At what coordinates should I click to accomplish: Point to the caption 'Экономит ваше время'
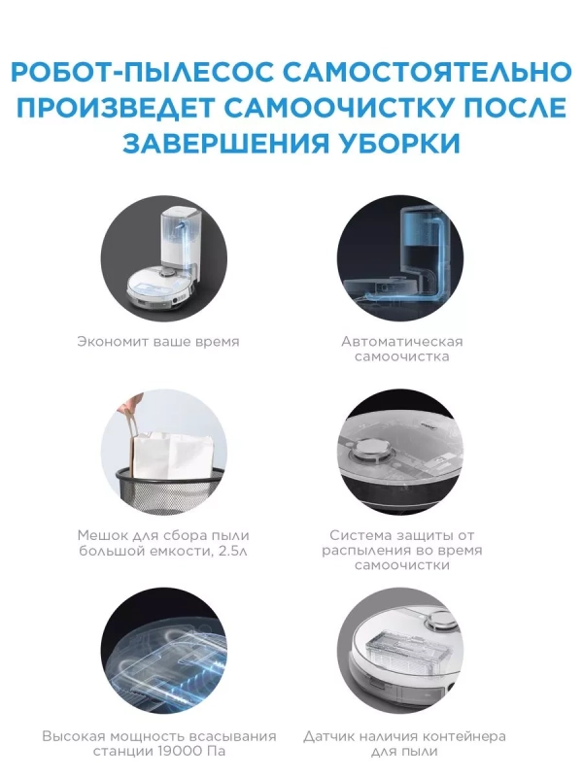[x=157, y=342]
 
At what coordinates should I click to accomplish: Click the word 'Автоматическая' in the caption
[x=402, y=341]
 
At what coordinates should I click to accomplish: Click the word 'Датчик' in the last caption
[x=329, y=736]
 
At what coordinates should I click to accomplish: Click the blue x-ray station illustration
[x=409, y=257]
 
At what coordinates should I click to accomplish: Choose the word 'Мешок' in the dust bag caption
[x=99, y=535]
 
